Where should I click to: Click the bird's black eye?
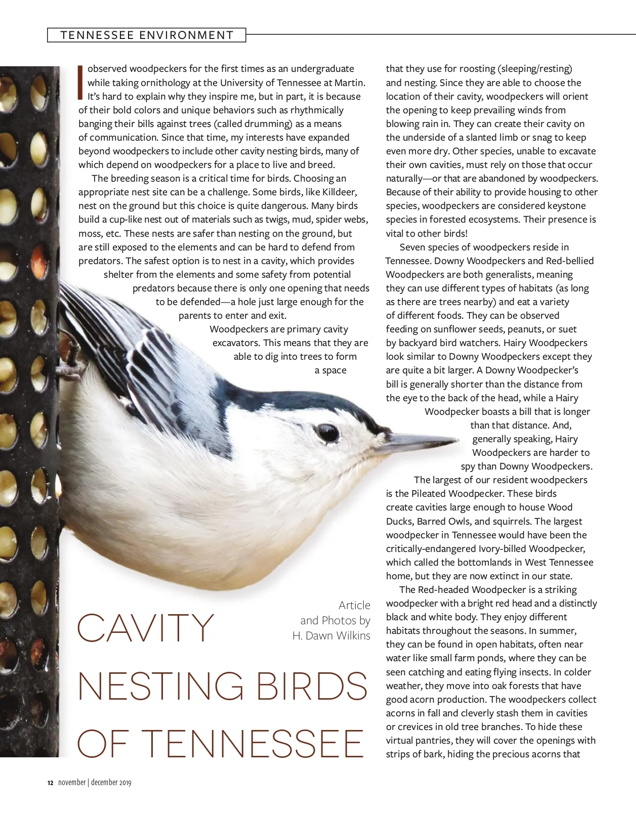coord(328,433)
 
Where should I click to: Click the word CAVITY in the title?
coord(146,628)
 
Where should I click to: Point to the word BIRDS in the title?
coord(312,686)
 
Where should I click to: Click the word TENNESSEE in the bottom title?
coord(251,744)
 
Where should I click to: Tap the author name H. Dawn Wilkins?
coord(331,636)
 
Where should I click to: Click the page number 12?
coord(50,783)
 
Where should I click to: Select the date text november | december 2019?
coord(95,783)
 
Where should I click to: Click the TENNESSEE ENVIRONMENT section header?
coord(147,35)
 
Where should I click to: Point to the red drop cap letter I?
coord(80,81)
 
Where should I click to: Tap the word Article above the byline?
coord(354,606)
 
